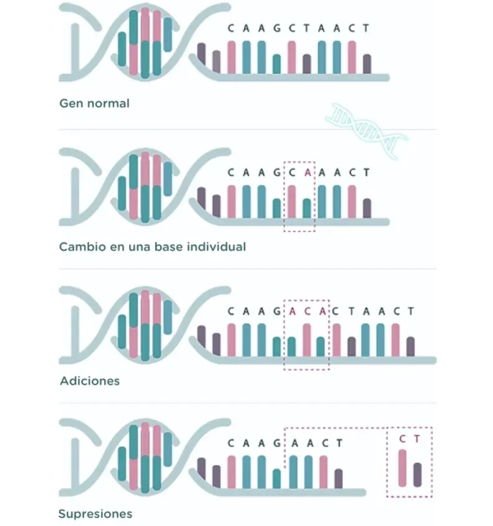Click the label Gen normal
(x=94, y=104)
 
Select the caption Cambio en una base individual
(x=152, y=246)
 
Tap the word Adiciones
(x=90, y=381)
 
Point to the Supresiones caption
(x=94, y=514)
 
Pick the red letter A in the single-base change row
(x=306, y=173)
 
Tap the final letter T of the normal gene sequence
(x=366, y=28)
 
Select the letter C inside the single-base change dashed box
(x=292, y=173)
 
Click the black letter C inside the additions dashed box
(x=306, y=311)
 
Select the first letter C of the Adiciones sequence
(x=231, y=311)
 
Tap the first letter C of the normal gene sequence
(x=231, y=28)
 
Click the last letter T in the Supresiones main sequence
(x=337, y=444)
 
